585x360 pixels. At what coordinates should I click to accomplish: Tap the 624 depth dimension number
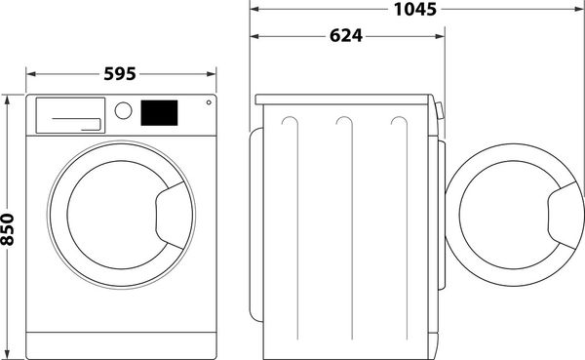[x=345, y=37]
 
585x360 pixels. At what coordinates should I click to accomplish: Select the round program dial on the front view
[x=124, y=110]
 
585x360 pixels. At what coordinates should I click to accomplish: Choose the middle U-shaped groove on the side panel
[x=343, y=123]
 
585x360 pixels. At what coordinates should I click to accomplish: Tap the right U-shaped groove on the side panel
[x=397, y=123]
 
